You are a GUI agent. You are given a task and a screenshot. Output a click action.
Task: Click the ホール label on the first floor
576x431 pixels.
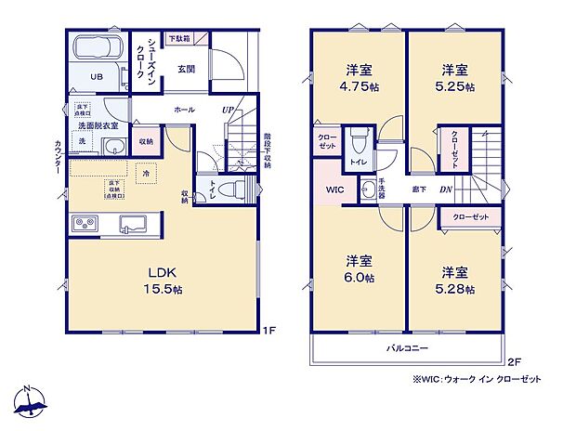183,110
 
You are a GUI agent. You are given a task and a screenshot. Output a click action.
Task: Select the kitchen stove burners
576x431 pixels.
85,224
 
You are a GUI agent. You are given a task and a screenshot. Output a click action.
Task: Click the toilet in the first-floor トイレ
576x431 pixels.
238,189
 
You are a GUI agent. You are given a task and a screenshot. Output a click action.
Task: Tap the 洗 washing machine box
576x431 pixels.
82,141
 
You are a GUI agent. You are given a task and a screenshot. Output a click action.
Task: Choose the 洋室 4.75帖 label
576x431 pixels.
359,76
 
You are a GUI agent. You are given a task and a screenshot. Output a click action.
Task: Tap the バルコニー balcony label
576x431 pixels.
407,347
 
